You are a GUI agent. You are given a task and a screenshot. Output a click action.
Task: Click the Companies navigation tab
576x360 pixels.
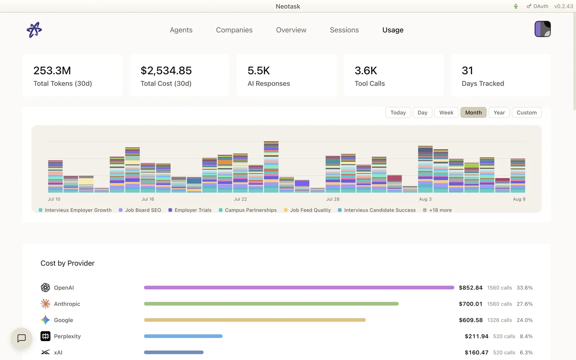point(234,30)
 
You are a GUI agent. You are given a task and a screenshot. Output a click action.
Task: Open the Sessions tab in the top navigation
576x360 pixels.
point(344,30)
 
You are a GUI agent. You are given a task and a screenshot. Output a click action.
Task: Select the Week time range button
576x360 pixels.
point(446,113)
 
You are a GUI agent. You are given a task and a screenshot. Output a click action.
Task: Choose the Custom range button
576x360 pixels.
point(527,113)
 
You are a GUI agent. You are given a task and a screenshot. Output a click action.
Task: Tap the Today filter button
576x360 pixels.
point(398,113)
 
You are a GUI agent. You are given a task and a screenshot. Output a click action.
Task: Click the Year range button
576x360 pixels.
point(499,113)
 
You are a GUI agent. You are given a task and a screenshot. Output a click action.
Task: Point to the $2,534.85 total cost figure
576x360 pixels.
point(166,71)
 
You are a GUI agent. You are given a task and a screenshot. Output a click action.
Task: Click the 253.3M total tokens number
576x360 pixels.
point(52,71)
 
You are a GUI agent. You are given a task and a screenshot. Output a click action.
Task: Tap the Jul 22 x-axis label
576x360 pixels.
point(240,199)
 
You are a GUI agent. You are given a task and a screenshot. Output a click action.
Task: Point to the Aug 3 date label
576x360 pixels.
point(425,199)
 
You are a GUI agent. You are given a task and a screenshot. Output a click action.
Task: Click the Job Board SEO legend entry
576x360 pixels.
point(140,210)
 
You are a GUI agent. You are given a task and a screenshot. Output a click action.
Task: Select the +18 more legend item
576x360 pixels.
point(438,210)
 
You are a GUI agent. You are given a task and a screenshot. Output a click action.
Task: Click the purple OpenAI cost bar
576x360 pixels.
point(299,288)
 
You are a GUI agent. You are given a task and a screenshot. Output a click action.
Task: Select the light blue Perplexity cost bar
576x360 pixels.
point(183,336)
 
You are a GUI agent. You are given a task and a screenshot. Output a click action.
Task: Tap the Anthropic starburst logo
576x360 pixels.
point(45,304)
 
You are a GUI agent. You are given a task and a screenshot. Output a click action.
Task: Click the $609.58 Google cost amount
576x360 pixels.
point(471,320)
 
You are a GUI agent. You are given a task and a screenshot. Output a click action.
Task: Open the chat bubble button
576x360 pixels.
point(22,338)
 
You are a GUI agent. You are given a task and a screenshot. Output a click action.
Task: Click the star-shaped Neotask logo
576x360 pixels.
point(34,30)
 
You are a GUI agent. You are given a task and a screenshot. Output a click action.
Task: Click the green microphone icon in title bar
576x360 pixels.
point(515,7)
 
